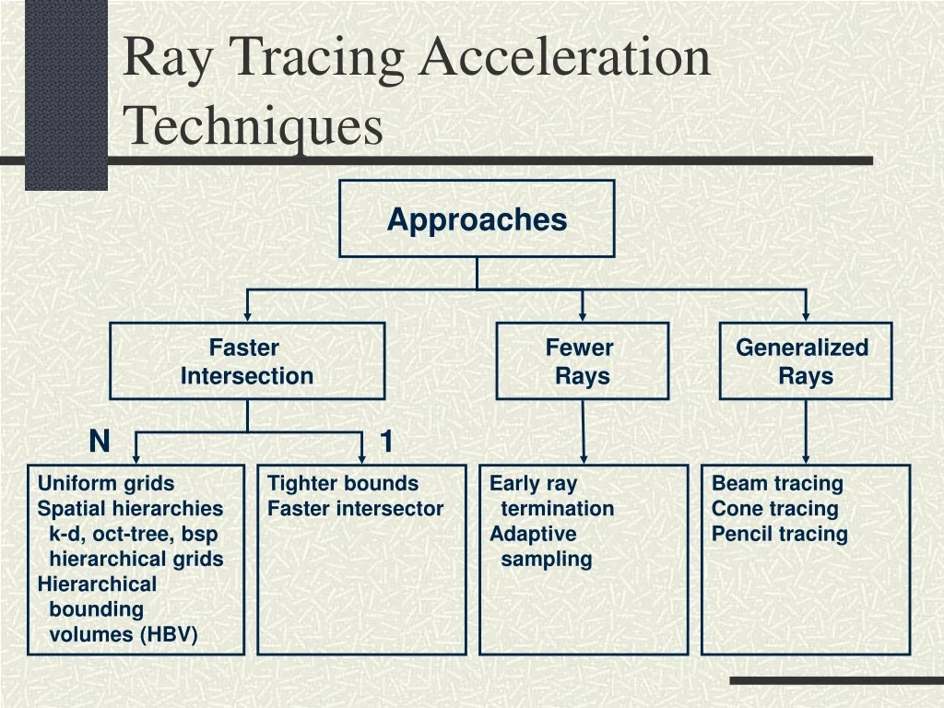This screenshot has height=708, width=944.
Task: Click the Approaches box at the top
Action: pos(477,218)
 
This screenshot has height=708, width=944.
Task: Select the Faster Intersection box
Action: pos(247,361)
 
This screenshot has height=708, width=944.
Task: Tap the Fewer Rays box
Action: pos(582,361)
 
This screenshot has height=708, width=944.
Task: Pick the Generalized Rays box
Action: pos(805,361)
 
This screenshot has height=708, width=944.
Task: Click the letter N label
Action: pos(100,442)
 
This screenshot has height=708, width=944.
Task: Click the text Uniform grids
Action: pos(106,483)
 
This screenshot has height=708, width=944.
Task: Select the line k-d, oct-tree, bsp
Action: pos(134,534)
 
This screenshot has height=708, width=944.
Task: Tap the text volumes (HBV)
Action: pos(123,634)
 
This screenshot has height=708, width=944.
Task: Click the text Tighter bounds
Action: pos(343,483)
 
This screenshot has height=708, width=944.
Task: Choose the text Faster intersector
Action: pos(355,508)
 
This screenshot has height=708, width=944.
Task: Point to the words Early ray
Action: pos(533,483)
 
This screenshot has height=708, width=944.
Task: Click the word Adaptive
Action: pos(533,534)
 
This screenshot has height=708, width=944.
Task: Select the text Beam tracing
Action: pos(777,483)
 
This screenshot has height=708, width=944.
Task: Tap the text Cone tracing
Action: pos(775,508)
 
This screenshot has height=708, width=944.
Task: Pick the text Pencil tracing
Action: pos(779,534)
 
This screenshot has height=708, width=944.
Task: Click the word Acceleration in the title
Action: pos(565,57)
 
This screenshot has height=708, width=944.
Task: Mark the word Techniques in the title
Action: pos(254,126)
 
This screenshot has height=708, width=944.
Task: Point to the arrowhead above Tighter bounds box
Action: pos(362,456)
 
